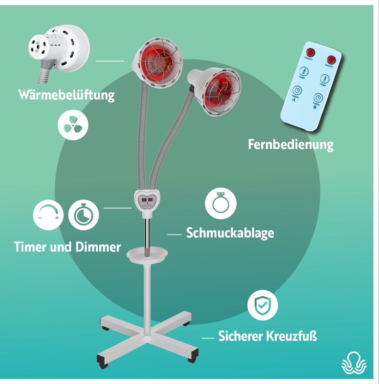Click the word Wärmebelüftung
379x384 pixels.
[66, 94]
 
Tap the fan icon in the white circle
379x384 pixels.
[73, 125]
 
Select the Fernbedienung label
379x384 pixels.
[291, 144]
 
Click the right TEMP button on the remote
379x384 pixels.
[324, 79]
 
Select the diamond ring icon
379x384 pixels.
[221, 203]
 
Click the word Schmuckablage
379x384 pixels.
[230, 233]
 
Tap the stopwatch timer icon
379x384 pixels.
[84, 215]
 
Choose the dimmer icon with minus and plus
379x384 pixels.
[48, 215]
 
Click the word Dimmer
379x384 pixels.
[98, 247]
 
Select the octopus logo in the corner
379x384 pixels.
[354, 363]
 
